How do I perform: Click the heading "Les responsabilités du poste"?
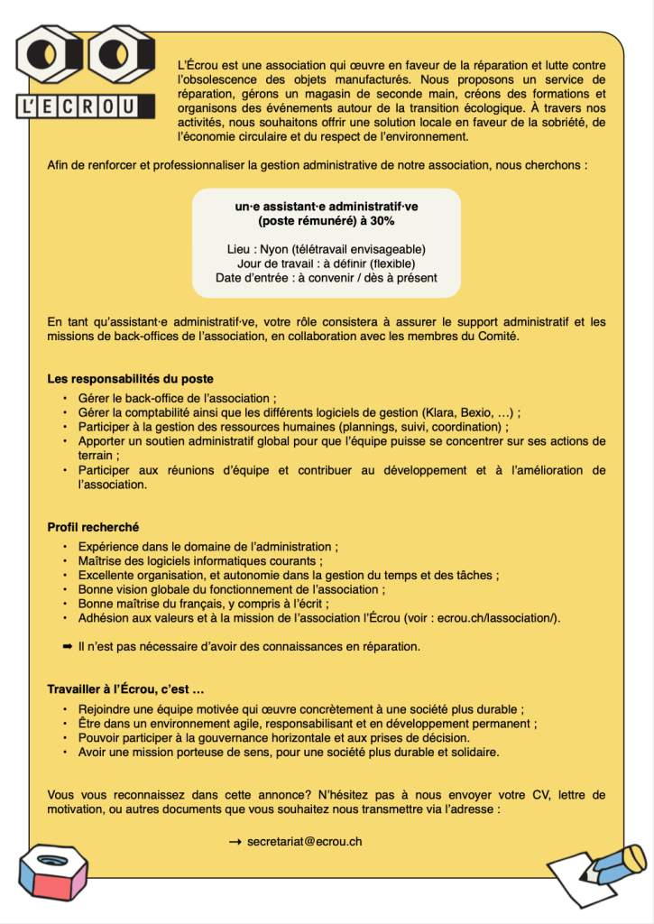130,378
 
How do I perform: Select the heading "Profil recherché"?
93,527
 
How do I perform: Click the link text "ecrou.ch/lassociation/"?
499,617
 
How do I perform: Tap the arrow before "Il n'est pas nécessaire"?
67,646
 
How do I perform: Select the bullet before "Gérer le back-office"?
65,398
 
